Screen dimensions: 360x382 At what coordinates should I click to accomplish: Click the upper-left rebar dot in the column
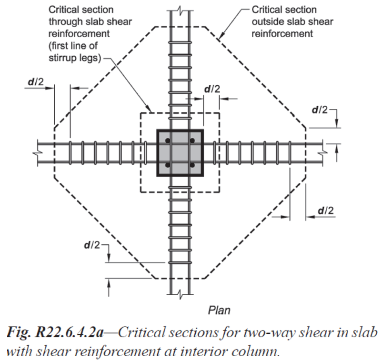(168, 141)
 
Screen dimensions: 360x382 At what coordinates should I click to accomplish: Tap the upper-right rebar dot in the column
(192, 141)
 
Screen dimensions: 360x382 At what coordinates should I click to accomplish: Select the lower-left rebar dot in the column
(168, 165)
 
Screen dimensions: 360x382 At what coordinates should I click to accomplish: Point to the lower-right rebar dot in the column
(192, 165)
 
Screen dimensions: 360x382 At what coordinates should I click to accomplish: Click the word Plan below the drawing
(220, 310)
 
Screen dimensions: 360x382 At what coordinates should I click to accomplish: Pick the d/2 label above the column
(212, 89)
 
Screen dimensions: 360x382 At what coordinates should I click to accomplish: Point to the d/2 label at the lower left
(90, 245)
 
